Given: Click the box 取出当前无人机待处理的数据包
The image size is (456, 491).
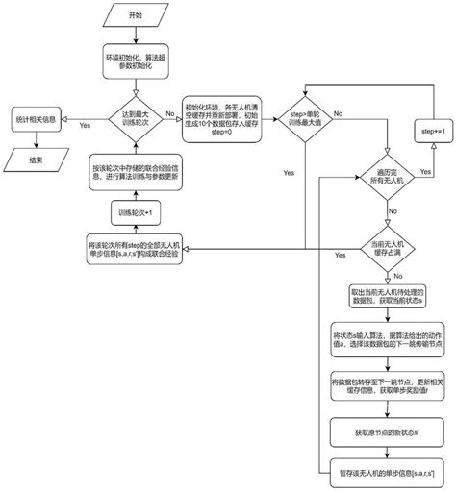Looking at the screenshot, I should [385, 294].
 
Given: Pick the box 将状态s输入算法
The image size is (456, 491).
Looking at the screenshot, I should [385, 337].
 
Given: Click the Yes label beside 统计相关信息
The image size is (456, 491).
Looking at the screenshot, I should [85, 126].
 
